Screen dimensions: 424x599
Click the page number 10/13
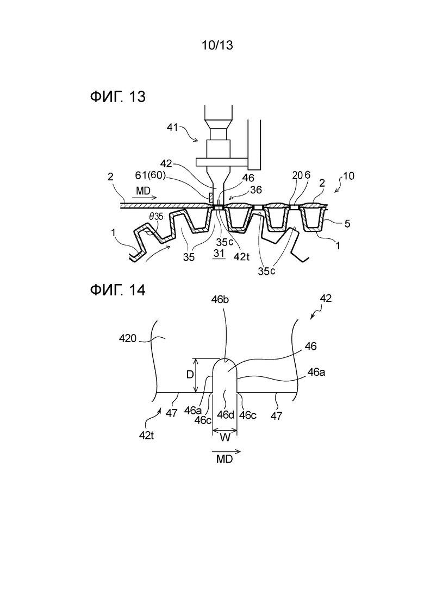(x=217, y=46)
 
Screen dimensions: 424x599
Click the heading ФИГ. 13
(x=118, y=97)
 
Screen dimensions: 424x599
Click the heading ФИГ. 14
(x=118, y=291)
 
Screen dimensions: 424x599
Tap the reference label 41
(x=172, y=127)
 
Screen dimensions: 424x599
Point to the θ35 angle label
(x=155, y=216)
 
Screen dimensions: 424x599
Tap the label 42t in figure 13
(x=241, y=257)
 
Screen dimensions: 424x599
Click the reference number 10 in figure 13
(x=348, y=176)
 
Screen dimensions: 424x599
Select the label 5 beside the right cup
(x=347, y=223)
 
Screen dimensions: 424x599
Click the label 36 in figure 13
(x=256, y=190)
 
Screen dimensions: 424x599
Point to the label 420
(x=128, y=338)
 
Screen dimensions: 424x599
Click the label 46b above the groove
(x=220, y=300)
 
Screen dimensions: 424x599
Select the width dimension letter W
(x=225, y=437)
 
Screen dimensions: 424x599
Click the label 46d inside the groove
(x=225, y=414)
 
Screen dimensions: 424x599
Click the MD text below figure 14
(x=225, y=459)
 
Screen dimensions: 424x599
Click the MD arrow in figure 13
(x=144, y=197)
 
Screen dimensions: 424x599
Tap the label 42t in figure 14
(x=146, y=435)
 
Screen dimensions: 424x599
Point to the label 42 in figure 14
(x=326, y=298)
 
